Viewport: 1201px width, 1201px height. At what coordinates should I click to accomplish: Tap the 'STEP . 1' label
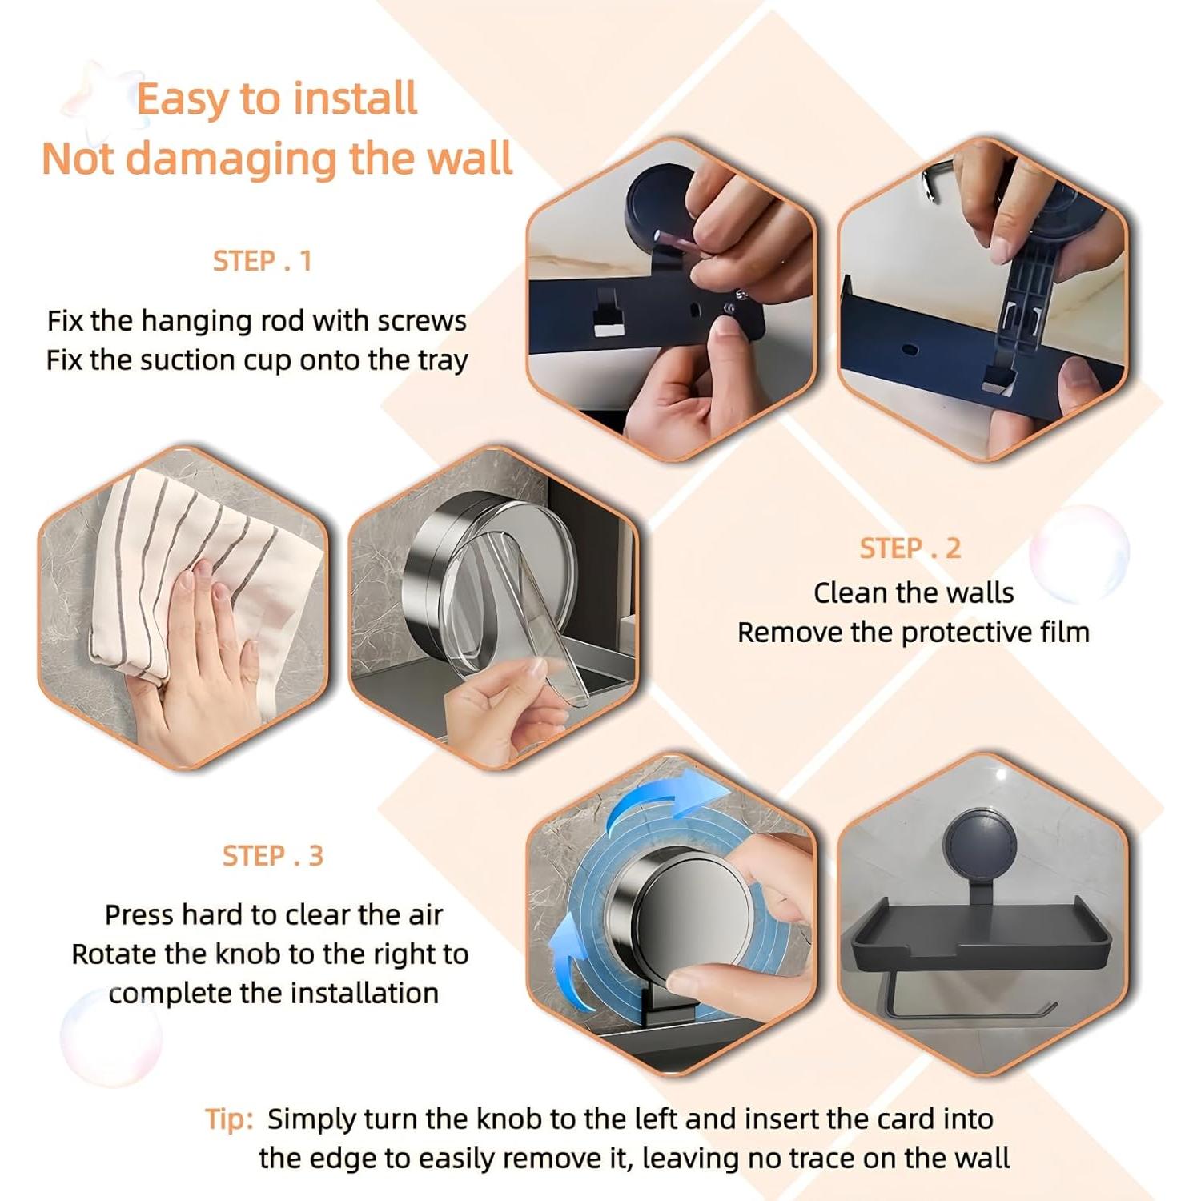[262, 261]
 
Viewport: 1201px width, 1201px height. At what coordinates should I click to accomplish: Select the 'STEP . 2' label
[910, 548]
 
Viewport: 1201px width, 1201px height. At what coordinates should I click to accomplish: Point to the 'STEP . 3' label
[272, 856]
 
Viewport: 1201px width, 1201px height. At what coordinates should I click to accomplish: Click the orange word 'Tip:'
[229, 1119]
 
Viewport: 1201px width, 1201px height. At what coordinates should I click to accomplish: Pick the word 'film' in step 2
[1065, 632]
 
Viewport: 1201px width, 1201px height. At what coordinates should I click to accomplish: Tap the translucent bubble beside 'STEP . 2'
[1078, 553]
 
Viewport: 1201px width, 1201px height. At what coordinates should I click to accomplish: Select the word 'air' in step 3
[424, 914]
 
